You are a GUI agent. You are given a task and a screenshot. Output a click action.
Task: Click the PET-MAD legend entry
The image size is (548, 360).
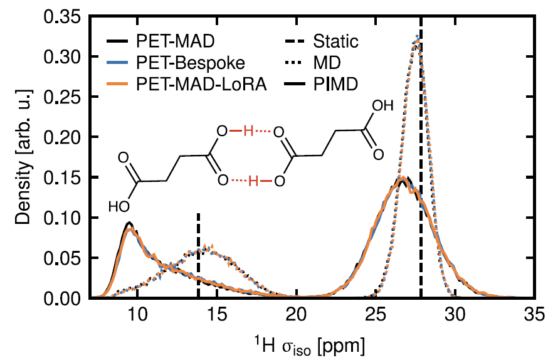point(169,42)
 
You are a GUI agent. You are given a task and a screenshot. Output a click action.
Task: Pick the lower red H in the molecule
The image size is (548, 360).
point(253,181)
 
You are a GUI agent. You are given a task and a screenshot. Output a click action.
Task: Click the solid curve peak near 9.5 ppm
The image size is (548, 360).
point(129,224)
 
